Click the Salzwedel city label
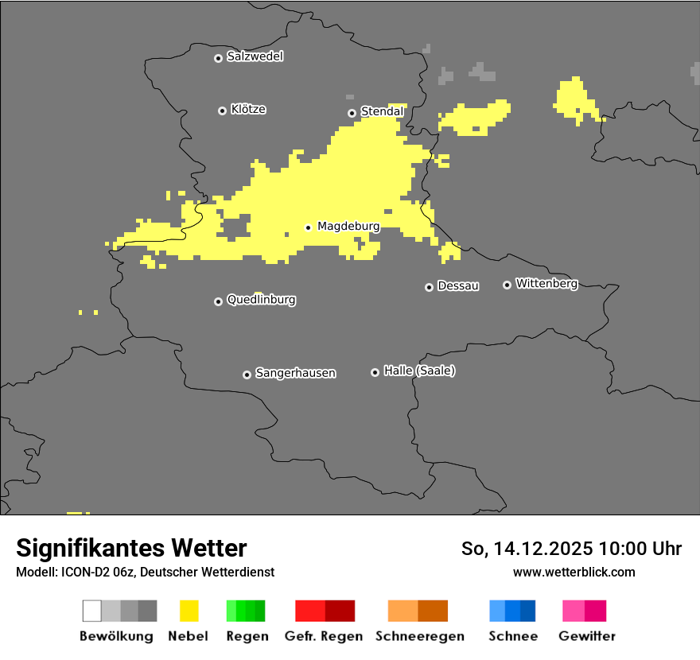[x=255, y=56]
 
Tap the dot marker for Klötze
[x=222, y=111]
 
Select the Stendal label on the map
[x=382, y=111]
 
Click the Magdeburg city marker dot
[x=308, y=227]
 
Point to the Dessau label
[x=458, y=285]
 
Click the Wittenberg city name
[x=546, y=283]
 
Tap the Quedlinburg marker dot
[x=218, y=301]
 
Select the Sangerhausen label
[x=295, y=373]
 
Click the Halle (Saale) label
[x=419, y=371]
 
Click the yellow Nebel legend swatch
[x=189, y=611]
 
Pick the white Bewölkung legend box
[x=92, y=611]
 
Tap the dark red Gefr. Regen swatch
[x=340, y=611]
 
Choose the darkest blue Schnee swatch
[x=528, y=611]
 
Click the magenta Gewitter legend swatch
[x=596, y=611]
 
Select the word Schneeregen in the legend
[x=420, y=636]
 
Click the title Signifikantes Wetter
[x=131, y=548]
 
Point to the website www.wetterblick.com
[x=574, y=572]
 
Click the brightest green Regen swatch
[x=231, y=611]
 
